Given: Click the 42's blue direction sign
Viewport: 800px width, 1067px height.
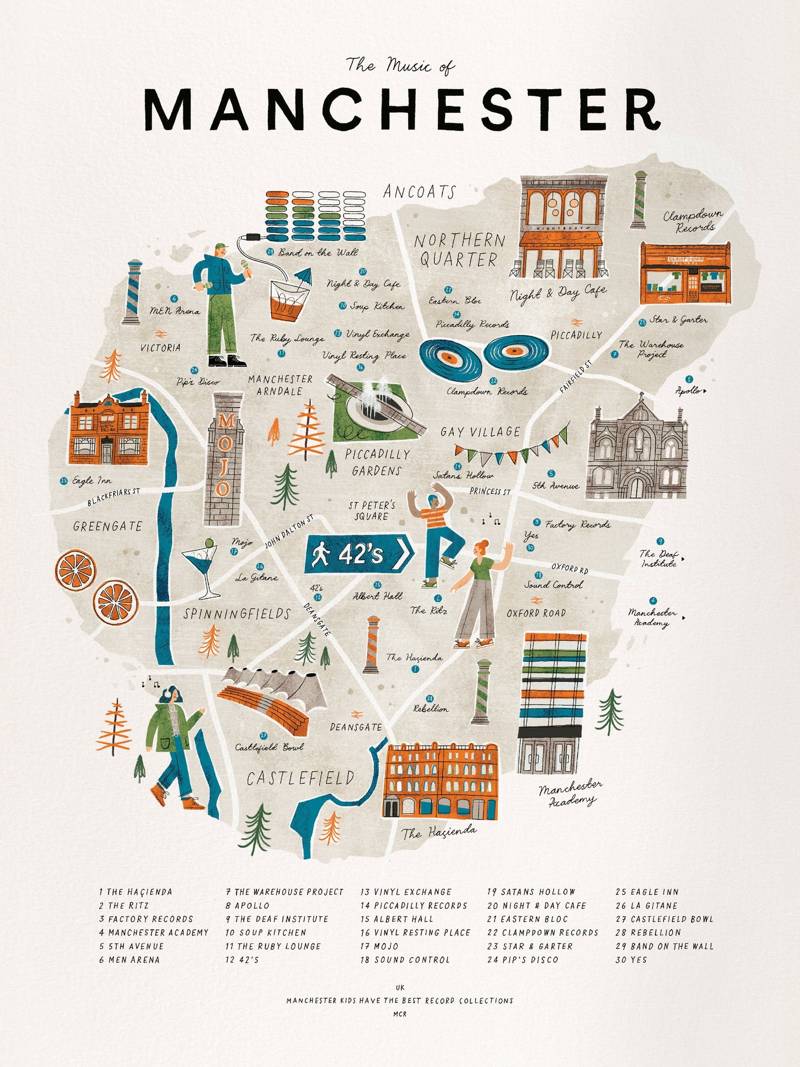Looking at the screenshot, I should (x=358, y=555).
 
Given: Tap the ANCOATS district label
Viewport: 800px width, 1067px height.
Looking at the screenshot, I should (x=419, y=192).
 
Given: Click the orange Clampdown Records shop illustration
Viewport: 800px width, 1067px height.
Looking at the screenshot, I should (x=685, y=274).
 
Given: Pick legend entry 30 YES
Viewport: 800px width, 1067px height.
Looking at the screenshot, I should (x=631, y=960).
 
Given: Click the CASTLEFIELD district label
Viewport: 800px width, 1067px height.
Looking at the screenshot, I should (x=300, y=779).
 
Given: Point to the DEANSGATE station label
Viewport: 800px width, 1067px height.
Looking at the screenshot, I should (x=356, y=727).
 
